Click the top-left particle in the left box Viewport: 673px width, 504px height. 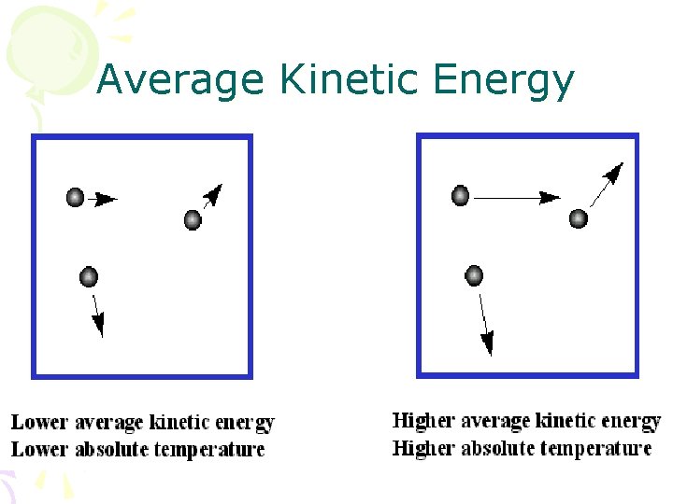[x=75, y=197]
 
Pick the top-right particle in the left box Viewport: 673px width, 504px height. [x=193, y=219]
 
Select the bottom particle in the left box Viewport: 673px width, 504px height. [x=89, y=276]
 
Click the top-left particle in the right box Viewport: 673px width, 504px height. [x=460, y=195]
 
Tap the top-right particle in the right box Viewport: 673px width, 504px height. [x=579, y=218]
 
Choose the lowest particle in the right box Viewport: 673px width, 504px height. [x=474, y=274]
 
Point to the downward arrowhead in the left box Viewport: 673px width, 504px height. [x=98, y=325]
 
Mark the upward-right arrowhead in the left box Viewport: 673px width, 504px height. [x=214, y=193]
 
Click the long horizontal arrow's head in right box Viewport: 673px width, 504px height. [x=550, y=197]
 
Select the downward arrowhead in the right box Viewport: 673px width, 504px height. [x=487, y=344]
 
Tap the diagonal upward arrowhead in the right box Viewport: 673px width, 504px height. [x=614, y=172]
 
